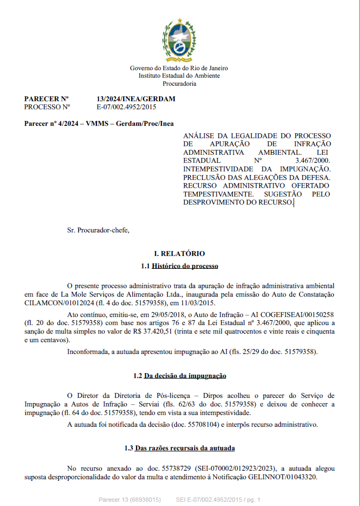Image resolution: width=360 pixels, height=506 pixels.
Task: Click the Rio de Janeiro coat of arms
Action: point(179,40)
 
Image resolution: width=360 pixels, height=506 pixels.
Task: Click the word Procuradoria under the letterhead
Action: point(179,84)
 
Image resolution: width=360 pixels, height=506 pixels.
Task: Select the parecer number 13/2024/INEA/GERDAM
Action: point(136,99)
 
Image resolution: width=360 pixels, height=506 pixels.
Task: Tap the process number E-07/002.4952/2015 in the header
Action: point(126,107)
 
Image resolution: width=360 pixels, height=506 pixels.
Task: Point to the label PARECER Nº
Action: point(47,99)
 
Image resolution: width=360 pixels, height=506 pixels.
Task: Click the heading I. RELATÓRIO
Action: point(179,254)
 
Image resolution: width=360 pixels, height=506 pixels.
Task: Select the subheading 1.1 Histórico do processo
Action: point(179,266)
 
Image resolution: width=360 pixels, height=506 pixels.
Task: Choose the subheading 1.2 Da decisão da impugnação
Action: point(179,376)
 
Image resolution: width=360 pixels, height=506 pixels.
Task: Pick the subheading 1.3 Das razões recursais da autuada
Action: point(179,448)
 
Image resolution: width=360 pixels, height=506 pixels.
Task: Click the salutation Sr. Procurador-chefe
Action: point(98,230)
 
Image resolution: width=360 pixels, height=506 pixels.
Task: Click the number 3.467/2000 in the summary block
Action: point(313,161)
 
